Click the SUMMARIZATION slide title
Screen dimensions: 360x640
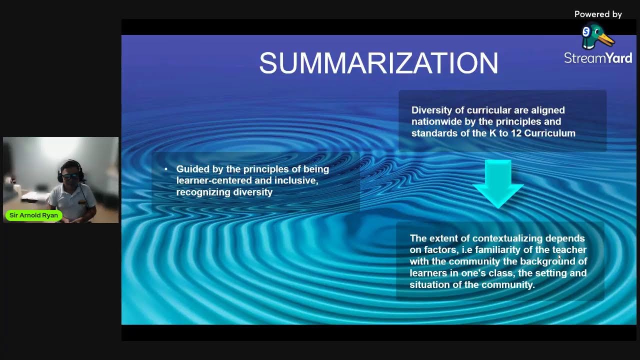[378, 63]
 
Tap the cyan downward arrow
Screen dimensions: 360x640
[498, 183]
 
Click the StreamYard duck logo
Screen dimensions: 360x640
[597, 37]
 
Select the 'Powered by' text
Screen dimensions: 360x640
[598, 14]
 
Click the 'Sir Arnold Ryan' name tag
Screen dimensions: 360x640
[33, 215]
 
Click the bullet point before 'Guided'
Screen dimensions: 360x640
[166, 169]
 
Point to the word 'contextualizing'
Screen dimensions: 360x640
[507, 238]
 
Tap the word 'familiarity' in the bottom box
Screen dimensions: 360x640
[497, 250]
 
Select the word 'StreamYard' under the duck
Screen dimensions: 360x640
[598, 58]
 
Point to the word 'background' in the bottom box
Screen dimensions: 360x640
[547, 261]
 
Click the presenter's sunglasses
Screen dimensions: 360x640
[70, 176]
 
